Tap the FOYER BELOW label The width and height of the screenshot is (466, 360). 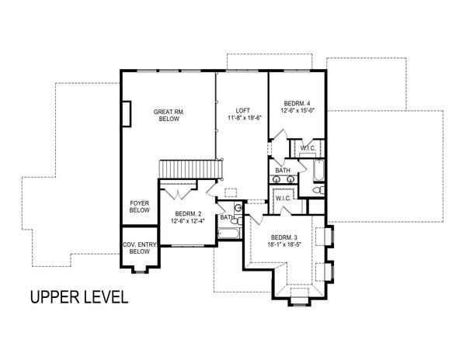[x=139, y=206]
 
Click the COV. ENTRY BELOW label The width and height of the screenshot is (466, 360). [x=140, y=248]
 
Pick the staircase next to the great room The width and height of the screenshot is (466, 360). [x=191, y=169]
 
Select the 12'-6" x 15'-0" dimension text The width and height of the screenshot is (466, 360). [x=299, y=111]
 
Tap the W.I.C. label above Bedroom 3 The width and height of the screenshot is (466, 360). [x=283, y=199]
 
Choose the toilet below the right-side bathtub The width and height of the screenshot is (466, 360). [x=317, y=189]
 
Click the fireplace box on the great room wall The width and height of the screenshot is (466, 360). [x=126, y=112]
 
